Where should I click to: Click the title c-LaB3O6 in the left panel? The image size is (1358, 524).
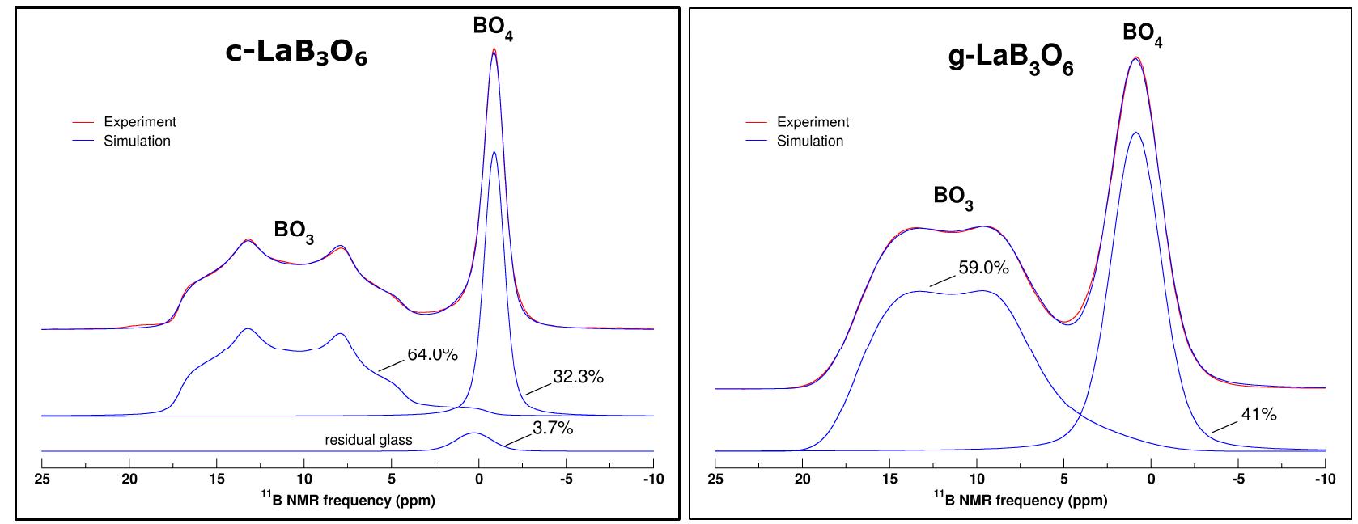tap(296, 53)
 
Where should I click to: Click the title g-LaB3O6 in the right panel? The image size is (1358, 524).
tap(1010, 61)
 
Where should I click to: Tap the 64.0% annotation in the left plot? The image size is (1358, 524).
tap(432, 354)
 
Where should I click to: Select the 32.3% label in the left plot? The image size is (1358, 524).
tap(578, 377)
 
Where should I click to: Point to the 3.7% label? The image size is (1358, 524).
tap(553, 429)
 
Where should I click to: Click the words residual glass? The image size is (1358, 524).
tap(368, 441)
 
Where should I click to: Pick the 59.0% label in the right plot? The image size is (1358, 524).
tap(983, 268)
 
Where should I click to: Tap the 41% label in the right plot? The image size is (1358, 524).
tap(1258, 415)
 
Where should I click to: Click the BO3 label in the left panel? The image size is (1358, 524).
tap(294, 230)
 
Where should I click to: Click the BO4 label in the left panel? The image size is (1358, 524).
tap(493, 27)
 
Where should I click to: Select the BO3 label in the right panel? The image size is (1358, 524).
tap(953, 196)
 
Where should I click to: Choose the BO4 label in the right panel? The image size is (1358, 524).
tap(1142, 34)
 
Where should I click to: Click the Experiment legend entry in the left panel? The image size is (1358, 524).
tap(139, 122)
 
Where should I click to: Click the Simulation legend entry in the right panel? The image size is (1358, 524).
tap(809, 141)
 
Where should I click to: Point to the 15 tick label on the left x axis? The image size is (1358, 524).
tap(216, 480)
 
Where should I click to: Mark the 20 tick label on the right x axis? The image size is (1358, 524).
tap(802, 480)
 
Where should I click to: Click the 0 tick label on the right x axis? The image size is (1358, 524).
tap(1151, 480)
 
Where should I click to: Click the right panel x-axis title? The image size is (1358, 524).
tap(1020, 500)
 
